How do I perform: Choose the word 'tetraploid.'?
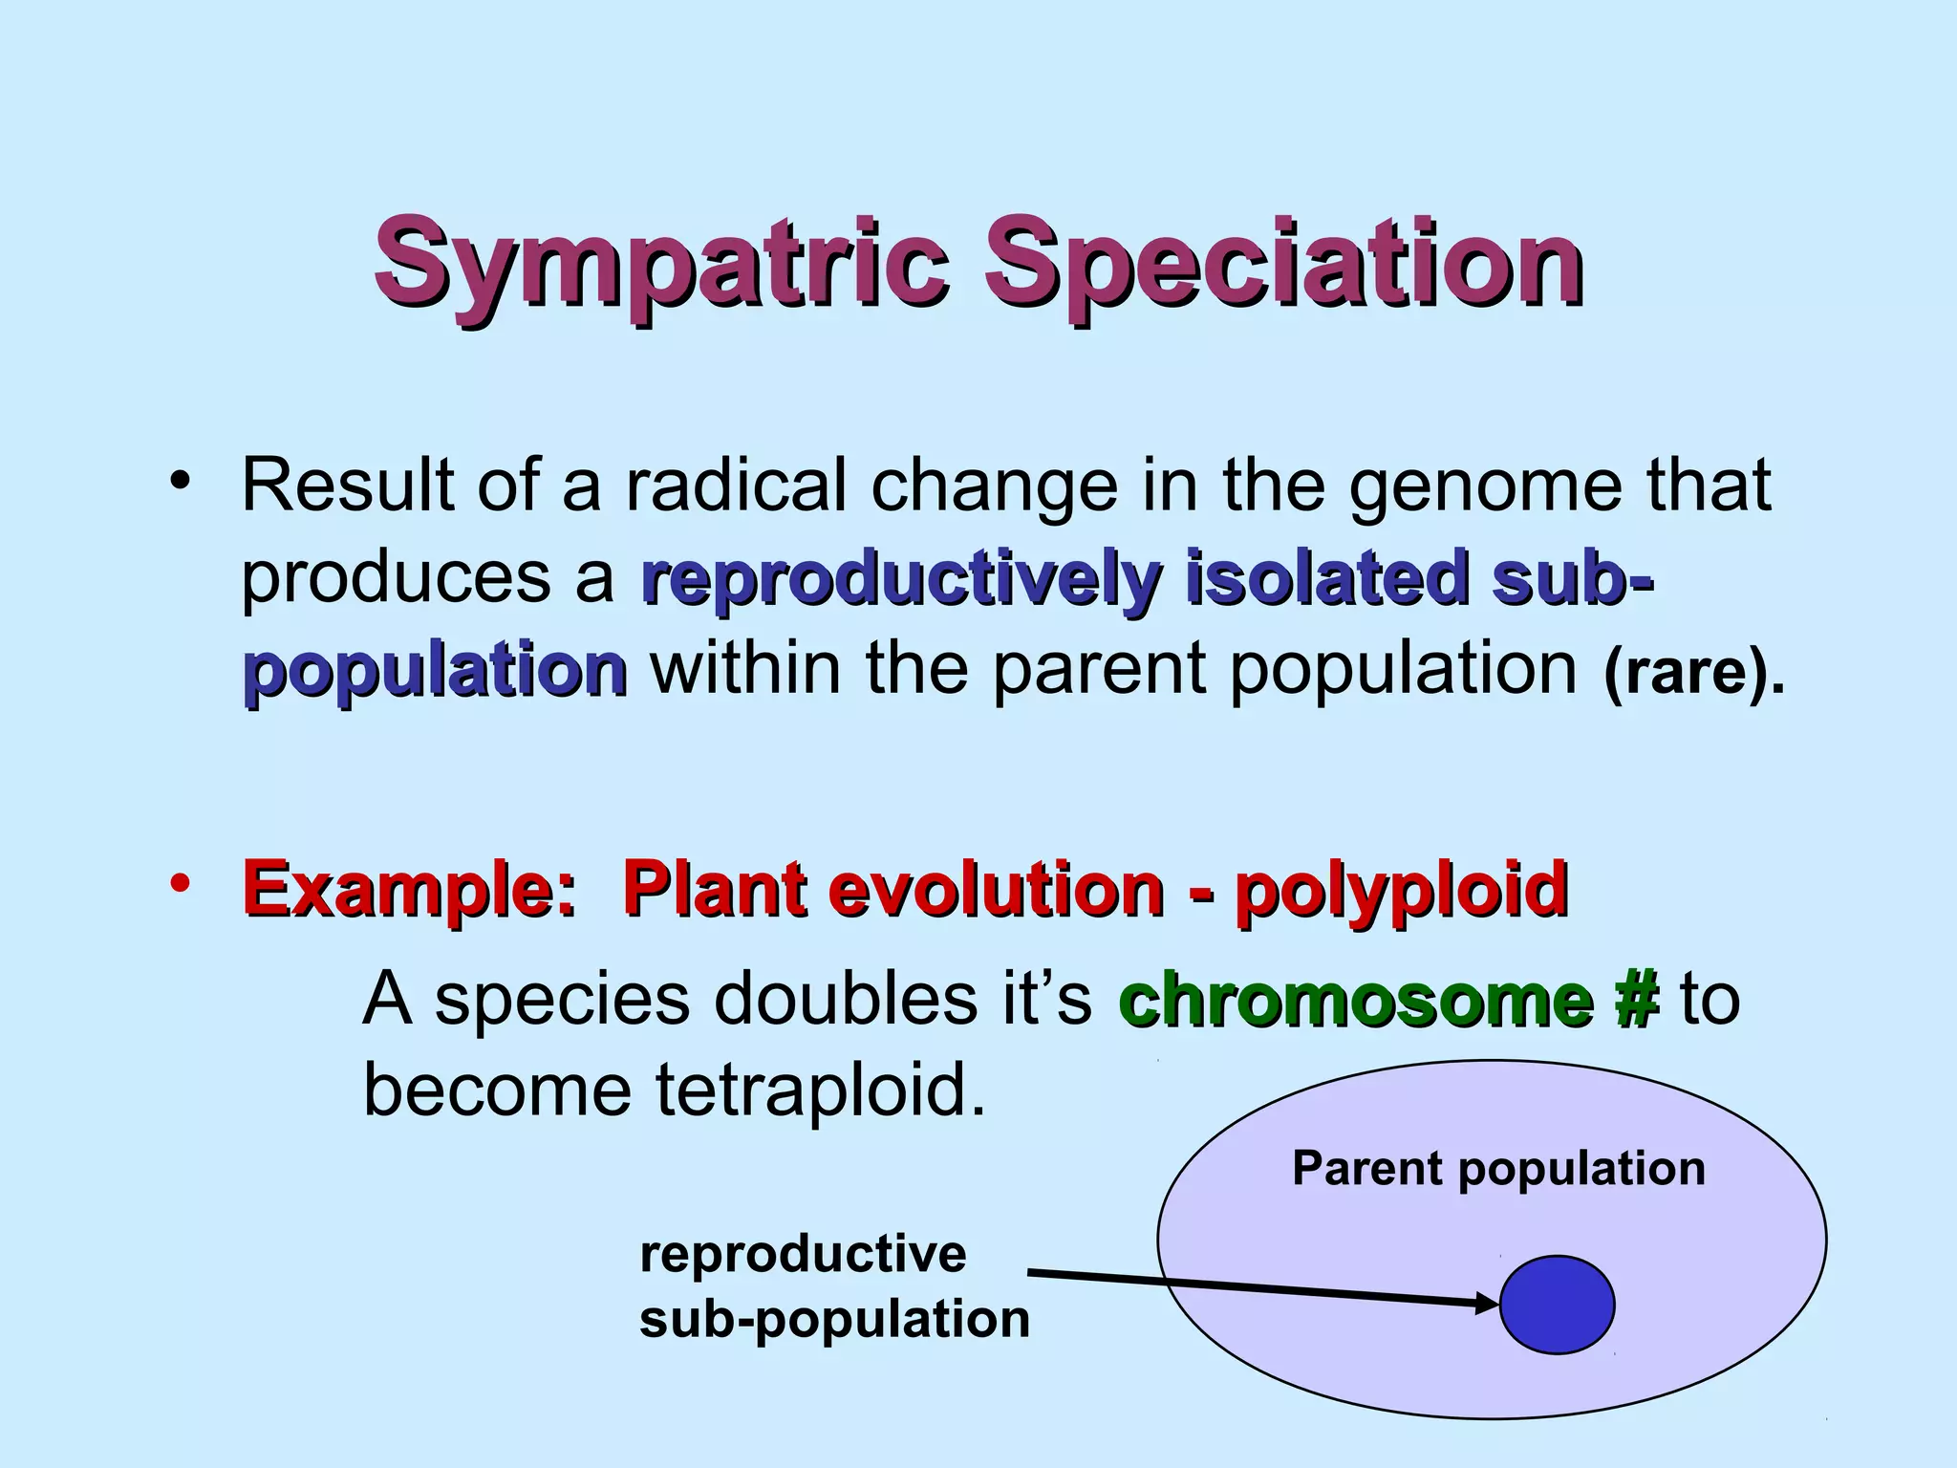point(820,1090)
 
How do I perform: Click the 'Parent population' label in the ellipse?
point(1498,1169)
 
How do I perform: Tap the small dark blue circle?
point(1558,1305)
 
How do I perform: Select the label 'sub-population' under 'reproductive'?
point(834,1320)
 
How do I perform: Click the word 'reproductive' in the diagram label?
point(803,1254)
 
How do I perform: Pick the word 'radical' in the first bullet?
point(736,486)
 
